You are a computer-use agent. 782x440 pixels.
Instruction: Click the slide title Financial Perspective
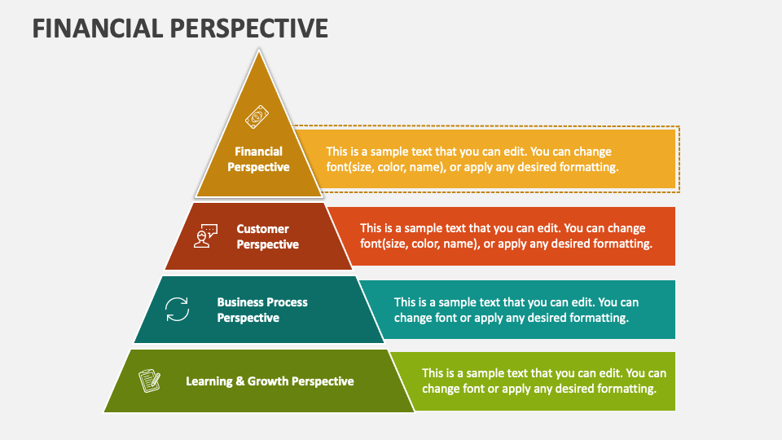[180, 28]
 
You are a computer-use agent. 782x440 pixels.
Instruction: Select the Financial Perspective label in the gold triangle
[258, 159]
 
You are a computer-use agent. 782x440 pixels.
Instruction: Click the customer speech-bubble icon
[206, 236]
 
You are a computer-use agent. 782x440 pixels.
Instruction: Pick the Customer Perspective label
[267, 236]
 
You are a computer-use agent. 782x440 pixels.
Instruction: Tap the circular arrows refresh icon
[177, 310]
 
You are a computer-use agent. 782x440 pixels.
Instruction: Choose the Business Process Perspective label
[261, 310]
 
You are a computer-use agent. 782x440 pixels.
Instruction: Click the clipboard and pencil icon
[149, 381]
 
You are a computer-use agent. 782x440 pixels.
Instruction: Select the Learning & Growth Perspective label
[270, 381]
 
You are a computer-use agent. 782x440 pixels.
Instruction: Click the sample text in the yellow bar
[472, 159]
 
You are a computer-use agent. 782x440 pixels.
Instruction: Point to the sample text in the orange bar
[506, 236]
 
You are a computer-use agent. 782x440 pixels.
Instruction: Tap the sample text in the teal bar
[516, 310]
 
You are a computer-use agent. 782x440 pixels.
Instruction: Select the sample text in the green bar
[543, 381]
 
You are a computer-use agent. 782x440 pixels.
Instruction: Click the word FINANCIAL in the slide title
[97, 28]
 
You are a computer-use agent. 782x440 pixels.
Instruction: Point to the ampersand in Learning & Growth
[240, 381]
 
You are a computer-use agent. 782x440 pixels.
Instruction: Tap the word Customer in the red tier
[262, 229]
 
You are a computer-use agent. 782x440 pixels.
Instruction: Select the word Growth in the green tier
[268, 381]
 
